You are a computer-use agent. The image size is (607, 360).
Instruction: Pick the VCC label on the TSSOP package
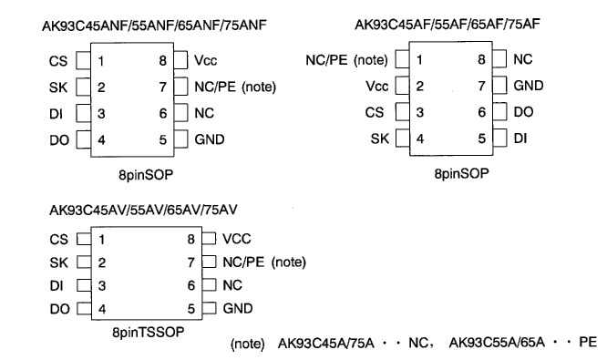(x=237, y=240)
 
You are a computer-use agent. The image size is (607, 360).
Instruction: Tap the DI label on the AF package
(x=520, y=139)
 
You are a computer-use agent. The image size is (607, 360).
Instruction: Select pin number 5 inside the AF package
(x=479, y=139)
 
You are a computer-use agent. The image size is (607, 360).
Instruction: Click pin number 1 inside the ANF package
(x=103, y=62)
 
